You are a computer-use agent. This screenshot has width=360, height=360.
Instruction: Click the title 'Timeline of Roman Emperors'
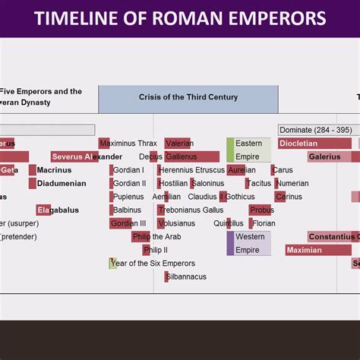tap(180, 18)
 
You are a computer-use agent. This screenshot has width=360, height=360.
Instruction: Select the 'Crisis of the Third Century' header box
tap(188, 98)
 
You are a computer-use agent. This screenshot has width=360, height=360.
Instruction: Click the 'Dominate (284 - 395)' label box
tap(315, 130)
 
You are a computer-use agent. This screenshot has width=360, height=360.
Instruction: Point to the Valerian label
tap(179, 144)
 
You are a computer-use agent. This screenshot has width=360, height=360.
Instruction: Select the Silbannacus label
tap(186, 276)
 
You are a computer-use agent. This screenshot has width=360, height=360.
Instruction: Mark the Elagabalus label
tap(58, 210)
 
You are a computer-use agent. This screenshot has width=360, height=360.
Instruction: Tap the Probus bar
tap(261, 210)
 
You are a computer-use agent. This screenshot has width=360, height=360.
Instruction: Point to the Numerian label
tap(292, 183)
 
